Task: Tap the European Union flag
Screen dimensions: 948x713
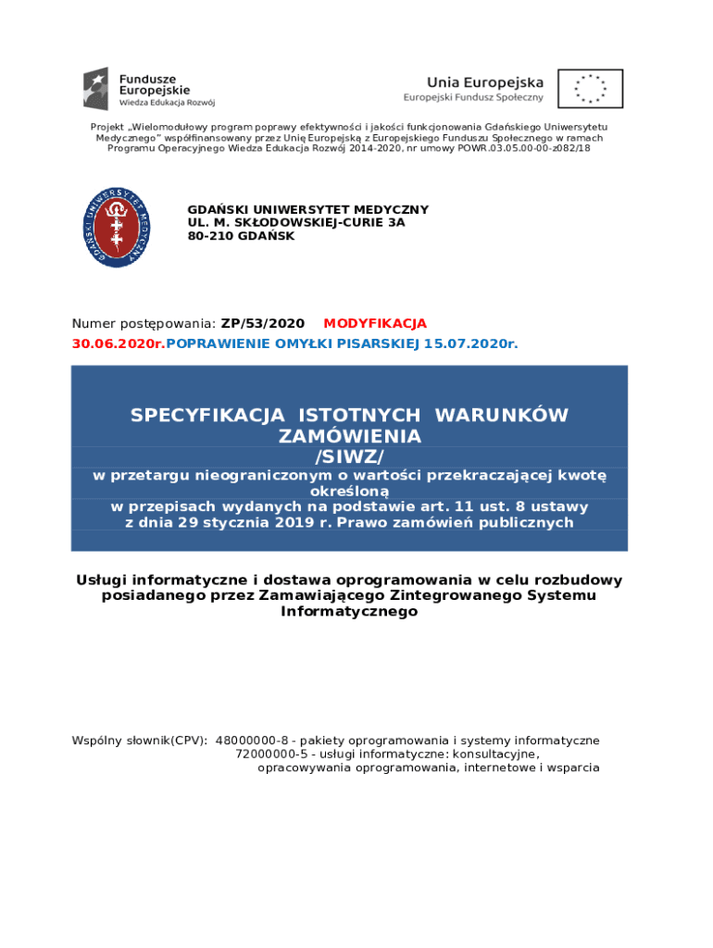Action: click(x=590, y=89)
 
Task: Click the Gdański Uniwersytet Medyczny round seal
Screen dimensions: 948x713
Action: click(x=118, y=227)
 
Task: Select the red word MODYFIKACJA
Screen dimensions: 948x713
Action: click(x=375, y=324)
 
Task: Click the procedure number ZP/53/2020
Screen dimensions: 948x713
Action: click(x=263, y=324)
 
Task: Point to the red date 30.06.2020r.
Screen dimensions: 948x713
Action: click(x=119, y=344)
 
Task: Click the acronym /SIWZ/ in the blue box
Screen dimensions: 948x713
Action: click(x=349, y=455)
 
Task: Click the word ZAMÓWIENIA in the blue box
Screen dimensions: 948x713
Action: click(x=349, y=436)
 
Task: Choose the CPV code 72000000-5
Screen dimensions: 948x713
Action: click(x=274, y=755)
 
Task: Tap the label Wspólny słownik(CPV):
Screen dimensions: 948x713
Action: click(x=140, y=741)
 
